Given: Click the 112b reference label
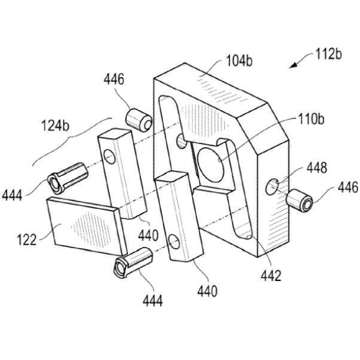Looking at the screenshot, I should (328, 56).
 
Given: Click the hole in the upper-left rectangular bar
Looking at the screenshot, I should (109, 157).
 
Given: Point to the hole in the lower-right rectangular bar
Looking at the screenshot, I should (174, 242).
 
